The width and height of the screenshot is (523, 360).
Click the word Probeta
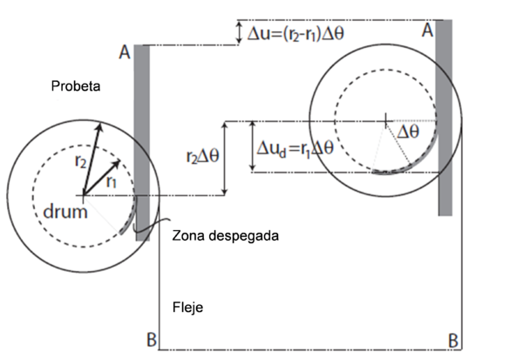[77, 87]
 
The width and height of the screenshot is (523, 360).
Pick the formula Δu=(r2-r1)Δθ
[320, 33]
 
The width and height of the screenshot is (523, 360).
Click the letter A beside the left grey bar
[125, 53]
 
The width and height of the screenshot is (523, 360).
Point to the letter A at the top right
[427, 30]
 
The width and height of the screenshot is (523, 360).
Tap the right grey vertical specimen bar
[445, 118]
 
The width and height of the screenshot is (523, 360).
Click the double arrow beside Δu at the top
[239, 32]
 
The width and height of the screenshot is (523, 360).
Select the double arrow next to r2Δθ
[226, 158]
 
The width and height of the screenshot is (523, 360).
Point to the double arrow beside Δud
[253, 146]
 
